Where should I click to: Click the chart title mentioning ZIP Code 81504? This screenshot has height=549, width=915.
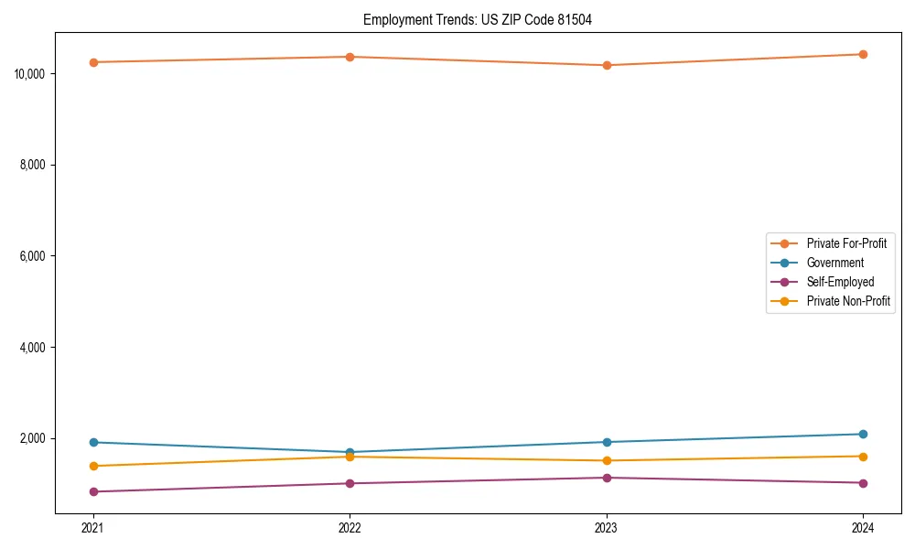coord(477,20)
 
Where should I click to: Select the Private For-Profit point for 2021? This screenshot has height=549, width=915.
coord(93,62)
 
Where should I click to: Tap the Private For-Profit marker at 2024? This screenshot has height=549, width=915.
coord(863,54)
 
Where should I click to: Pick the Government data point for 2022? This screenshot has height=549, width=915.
coord(350,452)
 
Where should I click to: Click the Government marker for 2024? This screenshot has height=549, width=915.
coord(863,434)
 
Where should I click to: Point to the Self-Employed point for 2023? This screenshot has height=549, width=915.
coord(607,478)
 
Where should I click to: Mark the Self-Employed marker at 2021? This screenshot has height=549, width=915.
coord(93,491)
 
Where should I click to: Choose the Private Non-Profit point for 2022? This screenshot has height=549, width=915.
coord(350,457)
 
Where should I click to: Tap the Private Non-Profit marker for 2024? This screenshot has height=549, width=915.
coord(863,457)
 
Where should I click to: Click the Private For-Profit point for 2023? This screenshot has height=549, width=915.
coord(607,65)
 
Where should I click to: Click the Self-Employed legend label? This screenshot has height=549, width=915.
coord(840,282)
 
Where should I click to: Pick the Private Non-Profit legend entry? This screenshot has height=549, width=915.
coord(848,301)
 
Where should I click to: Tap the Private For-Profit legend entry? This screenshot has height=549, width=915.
coord(845,243)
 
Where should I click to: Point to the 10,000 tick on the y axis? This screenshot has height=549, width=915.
coord(31,73)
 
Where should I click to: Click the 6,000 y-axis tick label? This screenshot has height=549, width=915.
coord(34,256)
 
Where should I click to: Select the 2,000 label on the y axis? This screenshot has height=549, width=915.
coord(34,439)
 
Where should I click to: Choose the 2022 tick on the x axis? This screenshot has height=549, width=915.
coord(350,527)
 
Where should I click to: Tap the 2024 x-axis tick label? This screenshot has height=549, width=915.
coord(863,527)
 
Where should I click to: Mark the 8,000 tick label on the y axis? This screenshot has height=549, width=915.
coord(34,165)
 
